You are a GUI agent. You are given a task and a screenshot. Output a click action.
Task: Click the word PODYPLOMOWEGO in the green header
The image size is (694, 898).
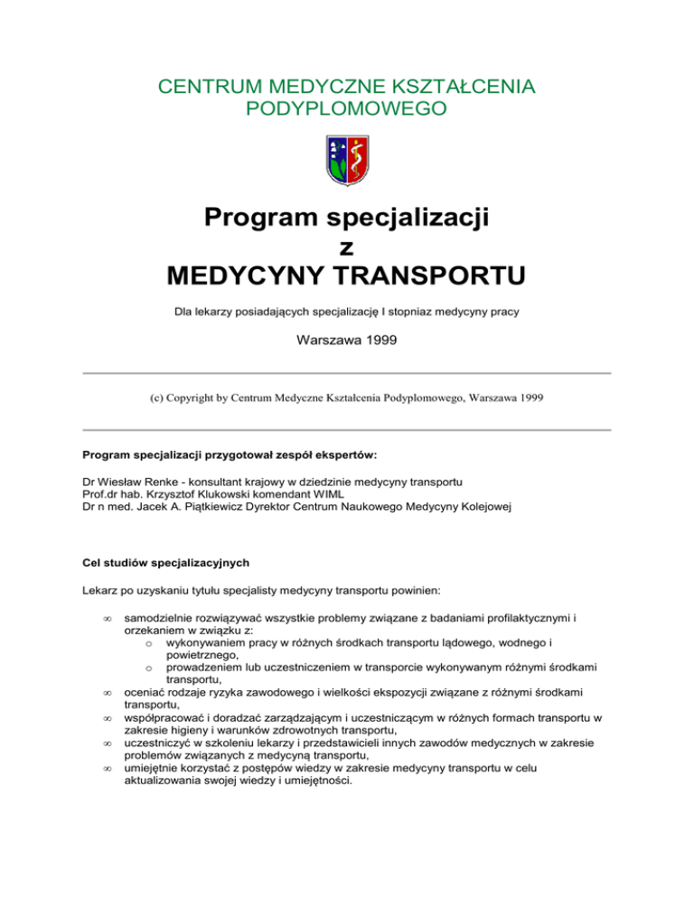(x=346, y=109)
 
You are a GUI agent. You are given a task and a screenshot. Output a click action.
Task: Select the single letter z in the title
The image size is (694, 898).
(x=346, y=246)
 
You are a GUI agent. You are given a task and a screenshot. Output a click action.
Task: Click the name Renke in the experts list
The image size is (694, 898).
(x=150, y=480)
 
